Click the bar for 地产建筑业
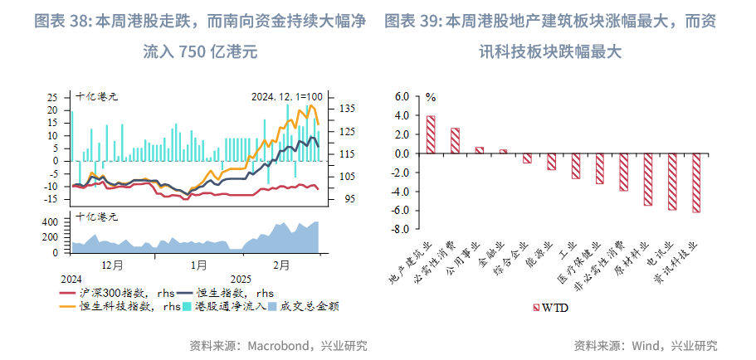pos(431,134)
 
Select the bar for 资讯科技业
pos(695,183)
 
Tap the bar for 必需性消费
pos(455,141)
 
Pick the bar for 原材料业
pos(647,179)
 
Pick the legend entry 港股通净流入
pos(230,306)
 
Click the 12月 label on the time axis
pos(112,265)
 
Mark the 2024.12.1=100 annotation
pos(286,97)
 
